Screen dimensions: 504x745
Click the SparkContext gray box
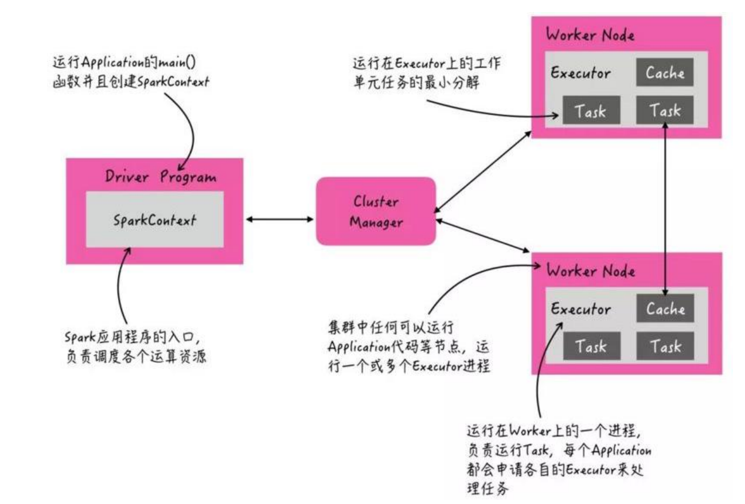click(155, 219)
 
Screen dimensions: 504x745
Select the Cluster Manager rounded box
click(376, 211)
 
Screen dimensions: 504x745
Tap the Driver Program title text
click(161, 176)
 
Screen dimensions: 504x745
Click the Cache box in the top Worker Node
click(665, 73)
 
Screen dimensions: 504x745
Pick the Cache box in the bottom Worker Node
click(665, 308)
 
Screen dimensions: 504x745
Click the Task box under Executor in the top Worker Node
click(591, 111)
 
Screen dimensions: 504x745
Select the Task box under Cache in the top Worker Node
click(665, 111)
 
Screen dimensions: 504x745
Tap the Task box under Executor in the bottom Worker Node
click(591, 346)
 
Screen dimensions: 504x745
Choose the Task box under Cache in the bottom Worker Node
click(665, 346)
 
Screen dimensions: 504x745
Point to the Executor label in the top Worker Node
click(580, 73)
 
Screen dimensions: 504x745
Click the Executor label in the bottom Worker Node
click(580, 309)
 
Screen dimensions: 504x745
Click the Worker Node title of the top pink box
click(590, 34)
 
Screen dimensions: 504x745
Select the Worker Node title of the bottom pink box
click(590, 270)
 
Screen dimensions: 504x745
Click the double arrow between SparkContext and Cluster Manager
click(279, 219)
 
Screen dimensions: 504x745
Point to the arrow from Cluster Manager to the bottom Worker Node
click(482, 235)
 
